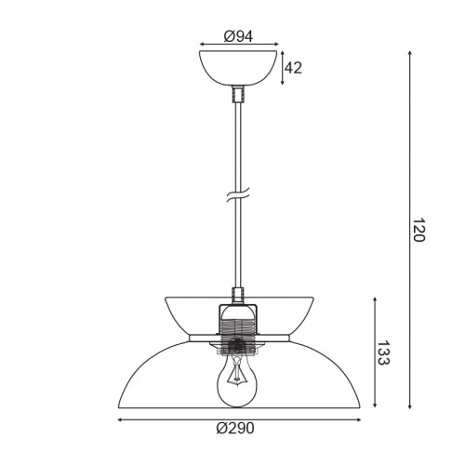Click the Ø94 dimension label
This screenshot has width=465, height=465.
(x=238, y=36)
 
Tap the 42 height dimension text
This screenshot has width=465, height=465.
(x=293, y=68)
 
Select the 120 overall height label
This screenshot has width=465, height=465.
(x=419, y=230)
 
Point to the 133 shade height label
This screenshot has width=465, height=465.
(x=384, y=352)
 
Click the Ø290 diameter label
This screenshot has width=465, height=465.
(x=235, y=429)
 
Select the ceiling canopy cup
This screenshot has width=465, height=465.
(x=238, y=68)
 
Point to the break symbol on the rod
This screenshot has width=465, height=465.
(x=238, y=194)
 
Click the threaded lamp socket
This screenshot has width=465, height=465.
(x=238, y=329)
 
